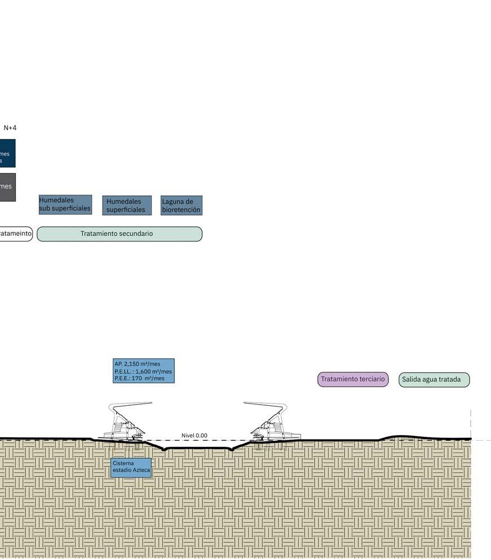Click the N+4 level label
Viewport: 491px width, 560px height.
(x=10, y=128)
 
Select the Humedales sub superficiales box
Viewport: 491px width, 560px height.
(x=65, y=204)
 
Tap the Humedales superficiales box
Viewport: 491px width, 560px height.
(x=127, y=205)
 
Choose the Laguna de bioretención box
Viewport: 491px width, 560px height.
(x=181, y=205)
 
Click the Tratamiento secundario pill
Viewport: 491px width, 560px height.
(x=119, y=234)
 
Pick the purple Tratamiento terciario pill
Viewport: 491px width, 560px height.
(x=353, y=379)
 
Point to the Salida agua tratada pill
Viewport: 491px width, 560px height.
(x=434, y=380)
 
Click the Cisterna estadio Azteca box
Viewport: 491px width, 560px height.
(x=131, y=467)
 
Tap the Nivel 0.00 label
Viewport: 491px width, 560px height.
(x=194, y=436)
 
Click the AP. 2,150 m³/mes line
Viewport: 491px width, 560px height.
(x=138, y=364)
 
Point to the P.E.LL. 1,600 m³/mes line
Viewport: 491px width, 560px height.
(x=143, y=371)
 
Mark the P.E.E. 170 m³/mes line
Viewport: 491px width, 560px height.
(x=139, y=379)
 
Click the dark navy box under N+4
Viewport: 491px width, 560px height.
(x=7, y=153)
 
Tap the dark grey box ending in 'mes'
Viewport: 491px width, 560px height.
(x=7, y=187)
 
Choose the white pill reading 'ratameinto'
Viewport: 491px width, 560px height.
(x=15, y=234)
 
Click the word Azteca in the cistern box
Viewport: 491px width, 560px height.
(x=141, y=470)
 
